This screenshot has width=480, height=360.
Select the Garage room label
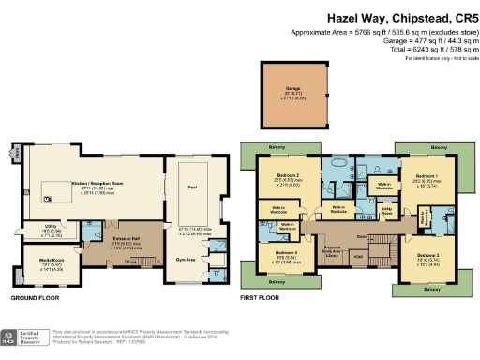pyautogui.click(x=293, y=92)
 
